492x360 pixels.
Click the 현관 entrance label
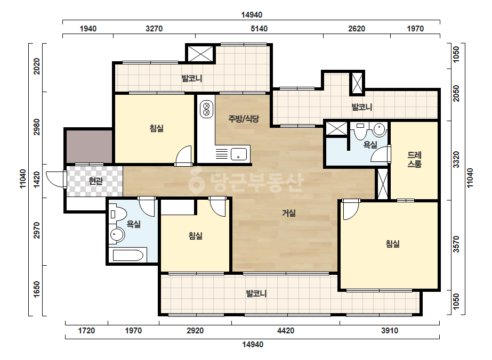pos(96,181)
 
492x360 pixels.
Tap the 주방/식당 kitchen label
pos(244,119)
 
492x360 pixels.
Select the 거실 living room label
pos(289,213)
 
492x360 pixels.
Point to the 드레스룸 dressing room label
pos(414,159)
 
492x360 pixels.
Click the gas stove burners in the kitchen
pos(206,109)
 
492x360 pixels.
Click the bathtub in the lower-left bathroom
pos(128,255)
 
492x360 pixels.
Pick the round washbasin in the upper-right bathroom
pos(380,129)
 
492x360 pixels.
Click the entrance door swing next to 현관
pos(55,179)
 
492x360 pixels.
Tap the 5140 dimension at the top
pos(259,29)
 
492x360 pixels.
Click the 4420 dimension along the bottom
pos(286,331)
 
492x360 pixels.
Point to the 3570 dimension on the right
pos(456,244)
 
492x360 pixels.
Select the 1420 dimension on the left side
pos(37,180)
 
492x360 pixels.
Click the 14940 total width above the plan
pos(252,15)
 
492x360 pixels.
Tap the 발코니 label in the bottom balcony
pos(256,294)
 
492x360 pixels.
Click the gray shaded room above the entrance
pos(89,146)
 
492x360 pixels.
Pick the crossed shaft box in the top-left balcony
pos(200,54)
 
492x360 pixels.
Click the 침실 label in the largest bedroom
pos(392,244)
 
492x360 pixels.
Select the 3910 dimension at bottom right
pos(390,331)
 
